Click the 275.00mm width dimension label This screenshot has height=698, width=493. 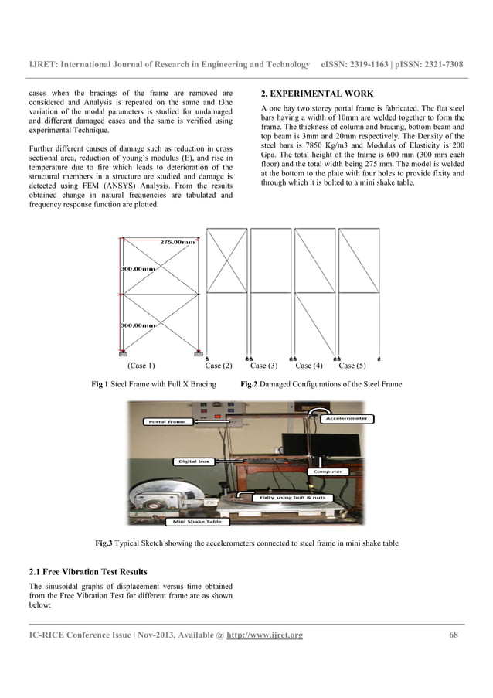pyautogui.click(x=178, y=241)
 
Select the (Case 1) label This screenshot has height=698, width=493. pyautogui.click(x=141, y=366)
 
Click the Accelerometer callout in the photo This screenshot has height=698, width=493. pyautogui.click(x=345, y=418)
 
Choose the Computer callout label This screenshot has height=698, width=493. pyautogui.click(x=328, y=471)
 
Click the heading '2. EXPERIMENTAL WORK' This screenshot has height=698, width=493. pyautogui.click(x=317, y=94)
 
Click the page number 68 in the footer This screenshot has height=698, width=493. pyautogui.click(x=454, y=635)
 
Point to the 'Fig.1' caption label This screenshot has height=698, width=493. pyautogui.click(x=99, y=384)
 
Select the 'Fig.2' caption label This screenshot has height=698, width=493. pyautogui.click(x=248, y=384)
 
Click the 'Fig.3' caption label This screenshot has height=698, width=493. pyautogui.click(x=103, y=543)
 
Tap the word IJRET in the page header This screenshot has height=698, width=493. pyautogui.click(x=44, y=64)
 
